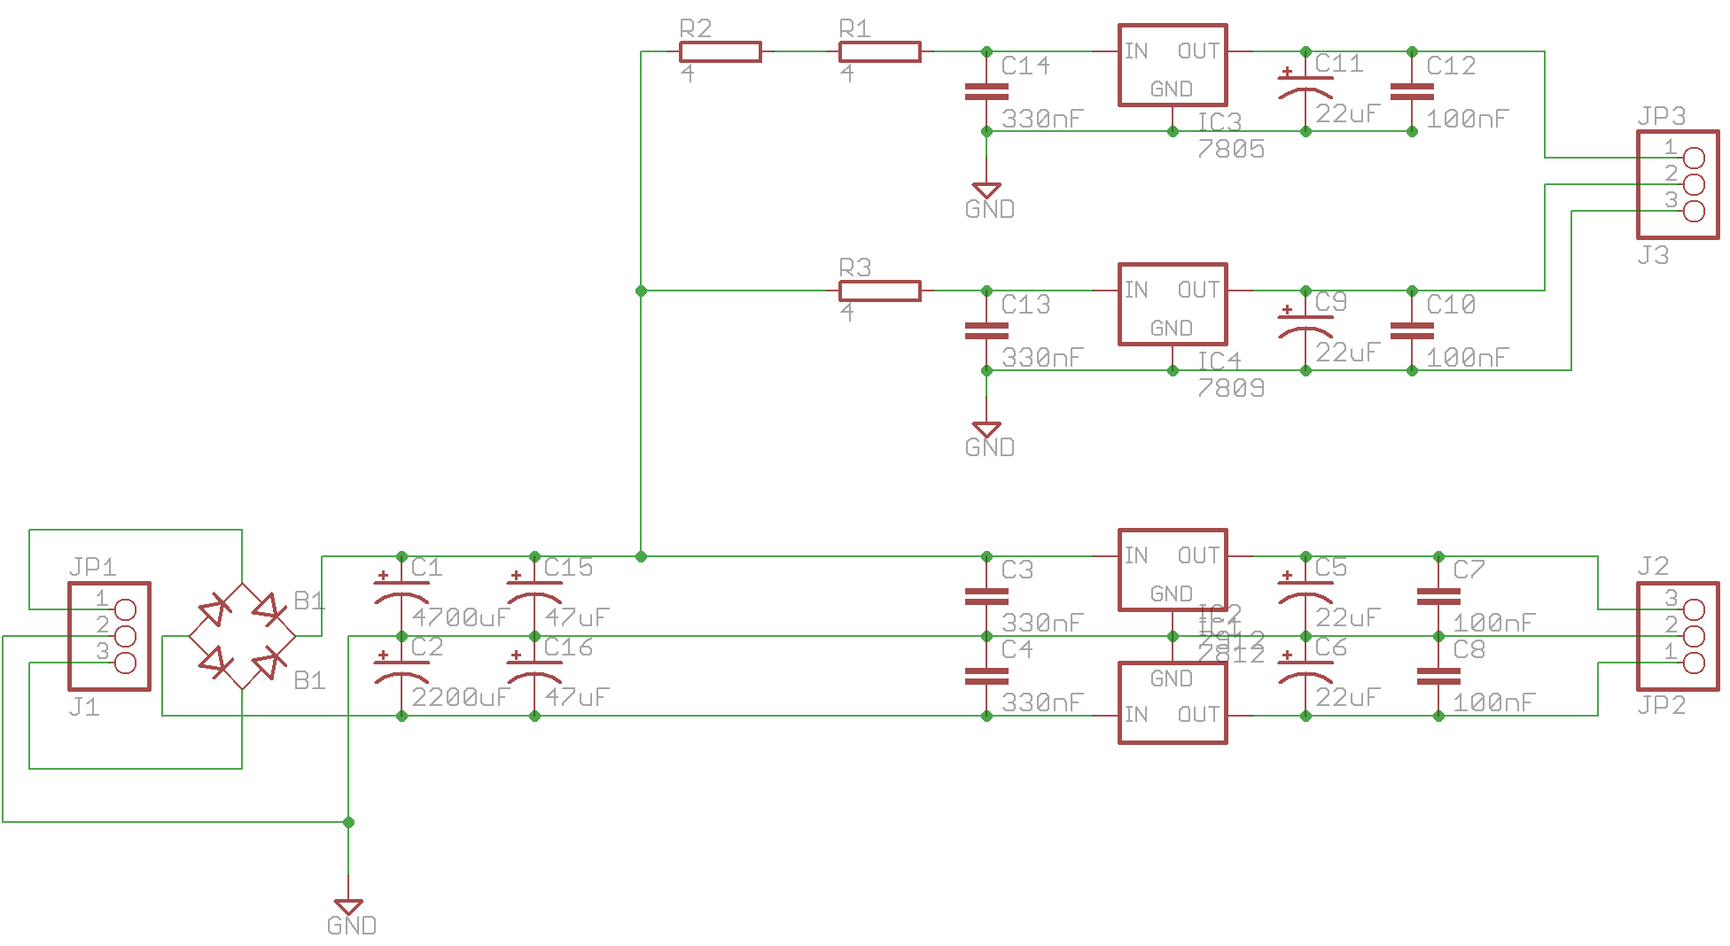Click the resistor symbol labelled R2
point(720,52)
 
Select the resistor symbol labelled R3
point(879,291)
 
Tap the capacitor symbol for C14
point(986,91)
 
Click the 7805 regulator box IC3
point(1172,66)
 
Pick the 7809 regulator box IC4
point(1172,305)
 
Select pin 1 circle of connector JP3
point(1694,159)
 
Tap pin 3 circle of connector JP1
point(126,663)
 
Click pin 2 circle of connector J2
point(1694,636)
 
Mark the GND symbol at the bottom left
point(348,907)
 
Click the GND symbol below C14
point(986,190)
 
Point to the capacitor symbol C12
point(1412,91)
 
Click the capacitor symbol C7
point(1438,596)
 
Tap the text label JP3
point(1661,116)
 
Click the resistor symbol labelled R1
point(879,52)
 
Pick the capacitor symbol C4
point(986,676)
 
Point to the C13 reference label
point(1025,305)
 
